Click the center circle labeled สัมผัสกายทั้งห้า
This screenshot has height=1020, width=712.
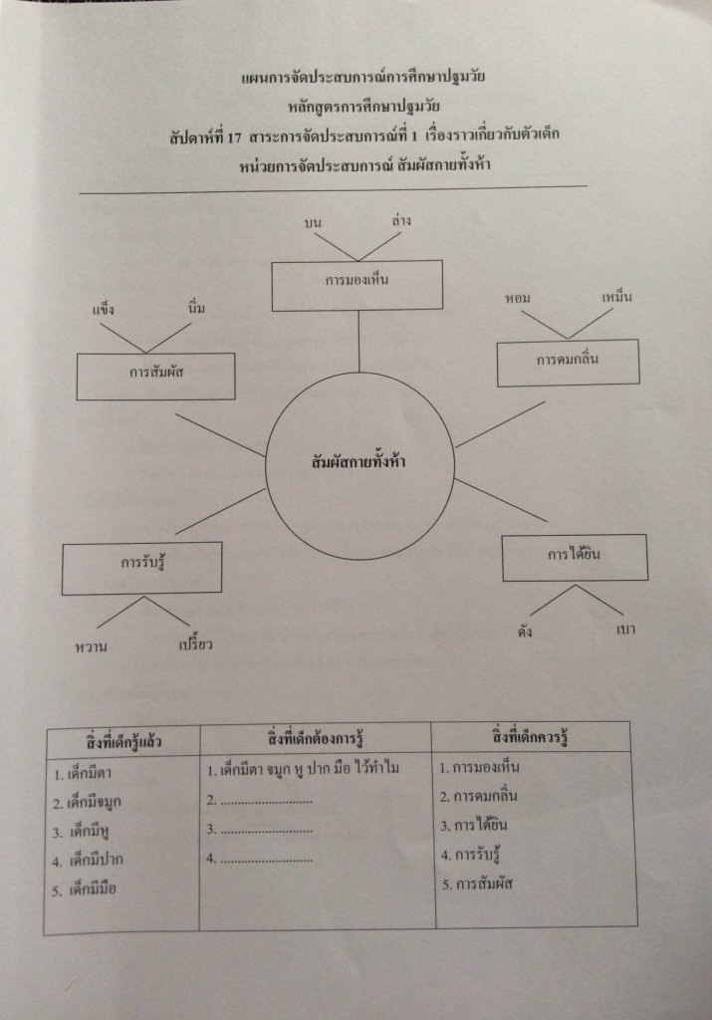click(359, 463)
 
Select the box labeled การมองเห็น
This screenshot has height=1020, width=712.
click(356, 284)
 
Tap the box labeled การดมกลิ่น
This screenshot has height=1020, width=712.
click(569, 363)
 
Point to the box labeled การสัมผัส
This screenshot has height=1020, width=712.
click(156, 376)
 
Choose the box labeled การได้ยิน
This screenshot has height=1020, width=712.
click(575, 557)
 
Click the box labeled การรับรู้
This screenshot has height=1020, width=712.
click(141, 568)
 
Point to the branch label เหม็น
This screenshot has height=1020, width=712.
click(617, 297)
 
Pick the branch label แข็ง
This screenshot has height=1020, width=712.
click(104, 310)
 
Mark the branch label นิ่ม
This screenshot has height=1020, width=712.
click(197, 309)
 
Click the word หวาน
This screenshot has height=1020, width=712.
click(92, 647)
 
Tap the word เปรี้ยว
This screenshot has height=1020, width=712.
click(195, 644)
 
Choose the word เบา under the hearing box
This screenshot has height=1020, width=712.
click(626, 631)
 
